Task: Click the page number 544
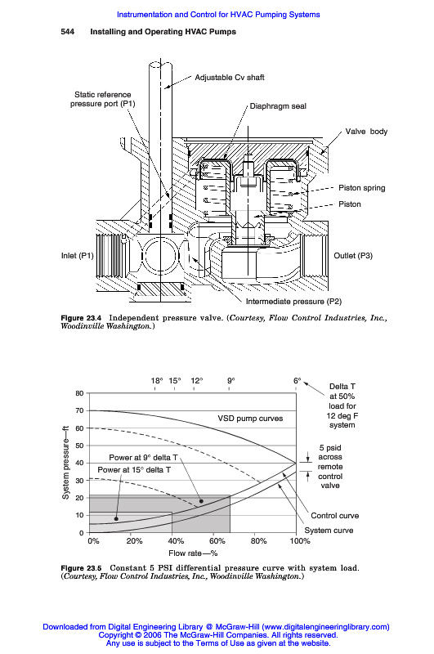coord(68,32)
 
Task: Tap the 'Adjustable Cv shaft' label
coord(230,78)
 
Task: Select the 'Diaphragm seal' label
coord(278,106)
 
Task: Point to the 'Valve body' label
coord(366,132)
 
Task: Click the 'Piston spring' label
coord(361,188)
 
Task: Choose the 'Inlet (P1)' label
coord(78,256)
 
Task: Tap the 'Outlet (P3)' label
coord(353,256)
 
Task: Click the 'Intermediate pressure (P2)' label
coord(293,302)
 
